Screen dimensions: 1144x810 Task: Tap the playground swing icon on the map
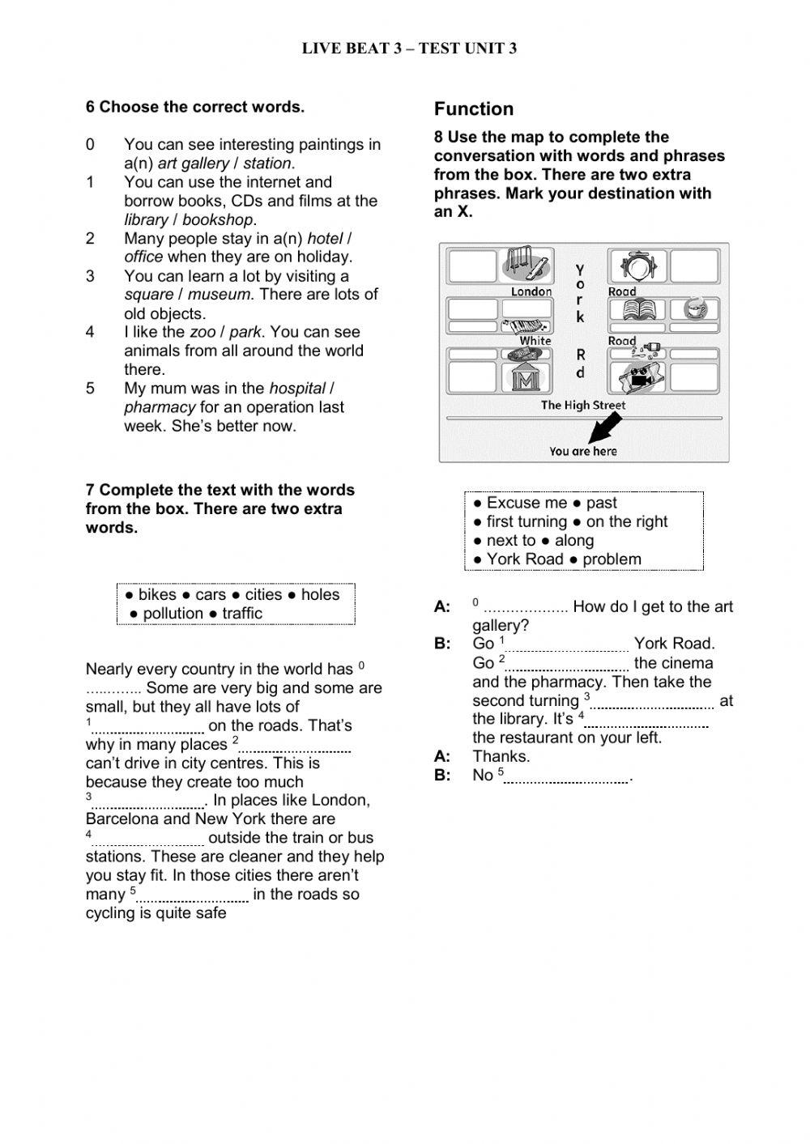(526, 264)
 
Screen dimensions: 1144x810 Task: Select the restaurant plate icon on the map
(637, 266)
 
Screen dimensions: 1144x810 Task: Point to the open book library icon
(637, 309)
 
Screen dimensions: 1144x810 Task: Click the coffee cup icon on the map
(696, 309)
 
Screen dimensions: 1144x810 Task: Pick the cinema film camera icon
(638, 376)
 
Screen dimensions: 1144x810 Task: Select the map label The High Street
(582, 406)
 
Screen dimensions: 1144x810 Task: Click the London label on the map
(531, 291)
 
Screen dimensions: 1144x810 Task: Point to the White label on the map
(535, 341)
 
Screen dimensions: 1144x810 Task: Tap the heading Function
(474, 108)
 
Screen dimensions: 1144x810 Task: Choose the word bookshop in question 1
(218, 219)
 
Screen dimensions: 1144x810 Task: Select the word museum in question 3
(219, 294)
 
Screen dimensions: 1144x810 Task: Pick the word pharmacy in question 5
(160, 406)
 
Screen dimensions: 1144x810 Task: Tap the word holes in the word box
(320, 594)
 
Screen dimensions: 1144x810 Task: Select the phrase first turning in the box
(526, 521)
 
